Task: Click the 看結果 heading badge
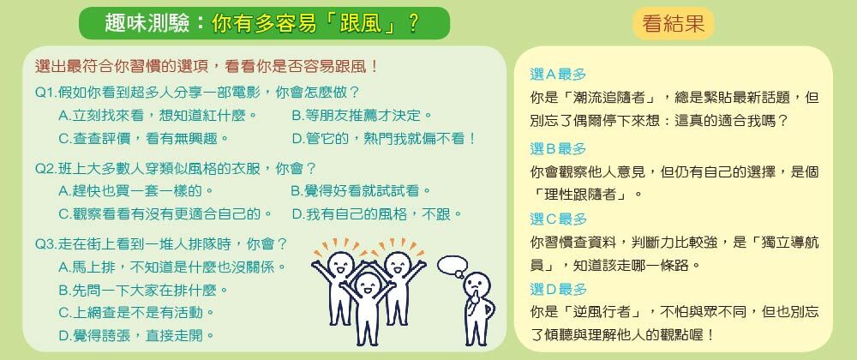click(674, 23)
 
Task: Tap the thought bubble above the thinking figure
click(452, 266)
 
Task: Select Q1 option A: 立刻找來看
click(158, 116)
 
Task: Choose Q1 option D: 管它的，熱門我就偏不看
click(385, 139)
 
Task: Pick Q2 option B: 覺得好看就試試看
click(362, 191)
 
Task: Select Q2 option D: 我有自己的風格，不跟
click(378, 214)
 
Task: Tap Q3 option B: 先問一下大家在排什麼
click(144, 290)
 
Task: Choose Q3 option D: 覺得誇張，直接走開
click(136, 335)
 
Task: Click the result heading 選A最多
click(558, 75)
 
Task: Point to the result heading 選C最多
click(558, 219)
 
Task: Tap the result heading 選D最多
click(558, 289)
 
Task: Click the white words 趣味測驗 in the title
click(147, 23)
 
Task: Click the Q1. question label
click(46, 93)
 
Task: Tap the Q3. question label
click(46, 243)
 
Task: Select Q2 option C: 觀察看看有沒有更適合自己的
click(165, 214)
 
